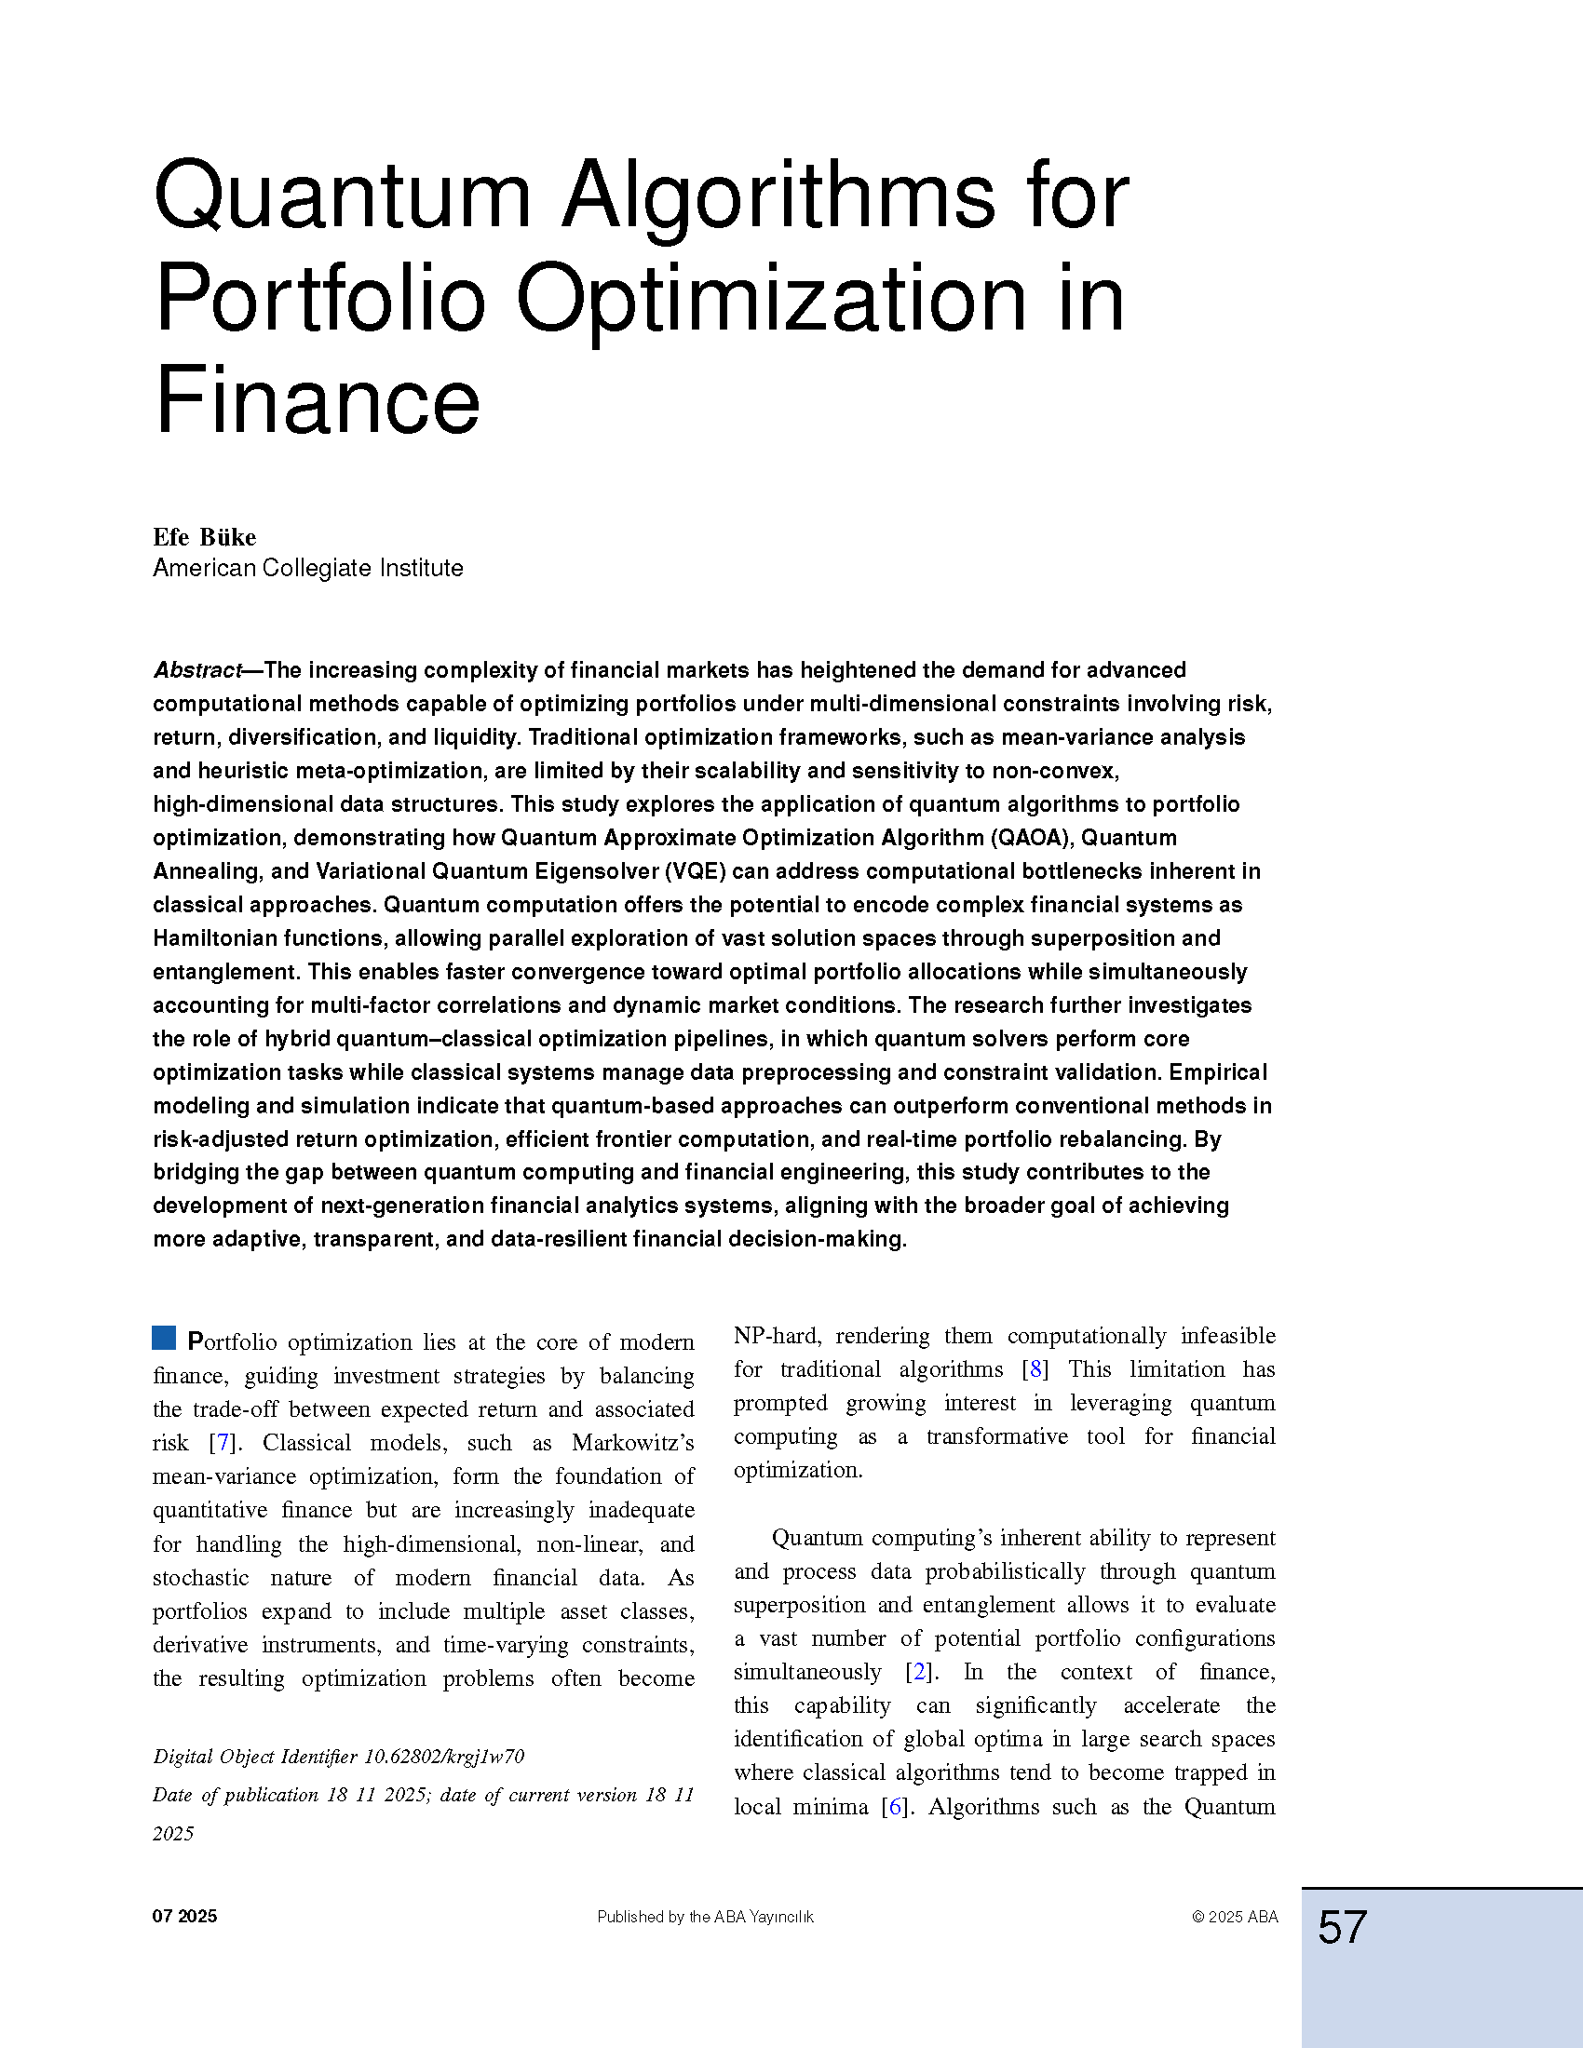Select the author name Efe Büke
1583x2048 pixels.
click(205, 537)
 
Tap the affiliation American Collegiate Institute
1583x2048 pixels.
click(307, 568)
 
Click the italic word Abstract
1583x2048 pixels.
click(196, 670)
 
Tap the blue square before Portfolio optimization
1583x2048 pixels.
click(164, 1338)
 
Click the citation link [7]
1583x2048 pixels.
click(223, 1442)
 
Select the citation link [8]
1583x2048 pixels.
click(1035, 1369)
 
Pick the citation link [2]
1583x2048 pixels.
click(918, 1672)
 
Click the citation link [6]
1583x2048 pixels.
click(895, 1807)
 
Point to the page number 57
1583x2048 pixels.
click(1342, 1928)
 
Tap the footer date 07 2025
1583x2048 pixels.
click(184, 1917)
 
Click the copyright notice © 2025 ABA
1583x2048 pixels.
click(1234, 1918)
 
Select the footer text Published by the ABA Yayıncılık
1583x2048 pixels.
click(705, 1918)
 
